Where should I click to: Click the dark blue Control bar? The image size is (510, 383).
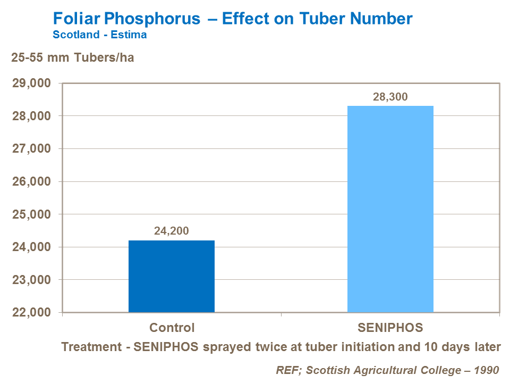point(172,276)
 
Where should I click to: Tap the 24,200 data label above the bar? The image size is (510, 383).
point(172,231)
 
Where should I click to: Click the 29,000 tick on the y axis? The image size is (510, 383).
point(31,84)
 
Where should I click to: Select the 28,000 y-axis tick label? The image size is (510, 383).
point(31,116)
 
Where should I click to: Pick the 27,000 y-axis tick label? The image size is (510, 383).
point(31,149)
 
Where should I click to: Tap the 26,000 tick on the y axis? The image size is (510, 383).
point(31,181)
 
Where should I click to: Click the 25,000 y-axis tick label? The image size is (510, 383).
point(31,214)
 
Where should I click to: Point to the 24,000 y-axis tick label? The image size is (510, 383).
point(31,247)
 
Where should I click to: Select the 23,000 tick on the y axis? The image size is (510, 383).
point(31,280)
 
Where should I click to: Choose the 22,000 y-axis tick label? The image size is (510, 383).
point(31,312)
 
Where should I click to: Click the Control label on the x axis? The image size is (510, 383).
point(172,327)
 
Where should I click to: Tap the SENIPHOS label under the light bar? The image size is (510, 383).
point(390,327)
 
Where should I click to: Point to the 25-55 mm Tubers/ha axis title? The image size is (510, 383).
point(73,58)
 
